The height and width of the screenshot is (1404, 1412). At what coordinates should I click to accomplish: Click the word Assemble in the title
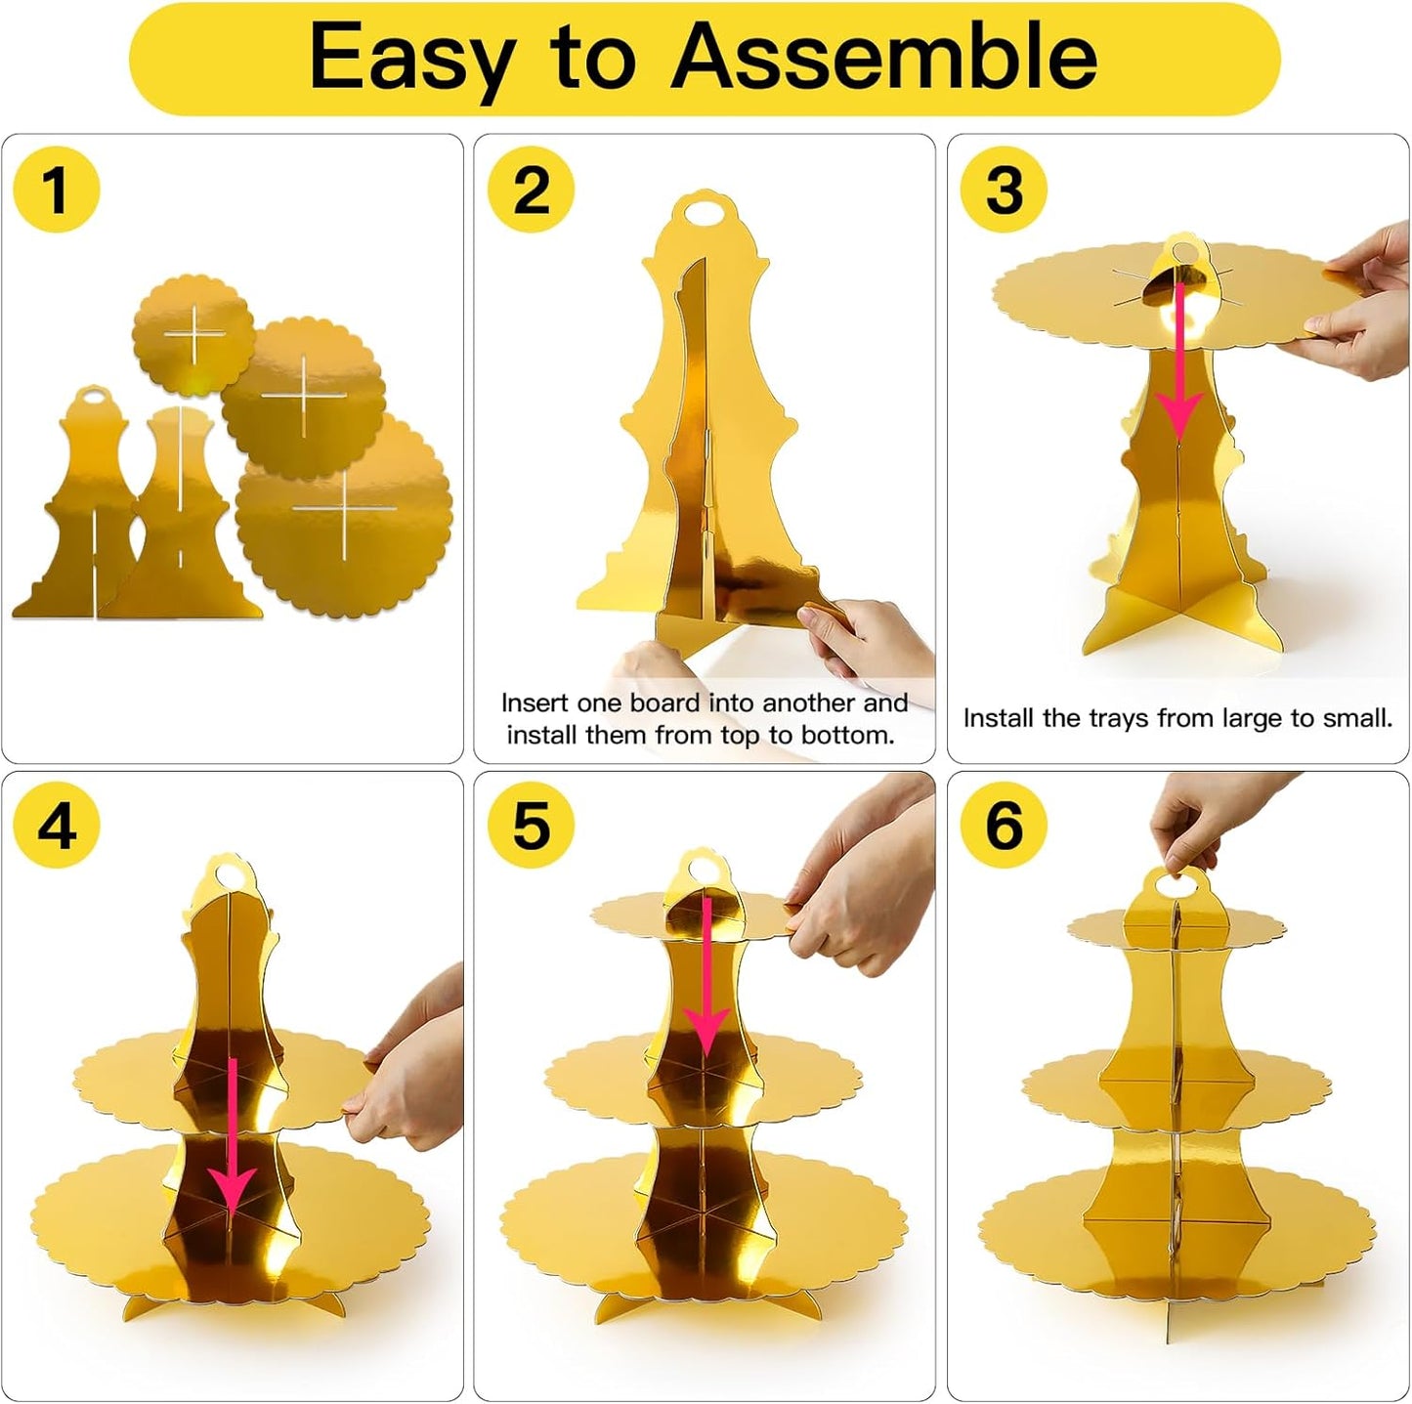point(883,57)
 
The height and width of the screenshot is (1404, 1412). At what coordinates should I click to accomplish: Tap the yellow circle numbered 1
point(57,190)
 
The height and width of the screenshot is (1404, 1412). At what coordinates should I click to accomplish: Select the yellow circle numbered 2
point(532,190)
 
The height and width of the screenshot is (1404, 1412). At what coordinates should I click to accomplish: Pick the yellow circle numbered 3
point(1004,190)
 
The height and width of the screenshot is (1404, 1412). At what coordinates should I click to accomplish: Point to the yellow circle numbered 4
point(57,826)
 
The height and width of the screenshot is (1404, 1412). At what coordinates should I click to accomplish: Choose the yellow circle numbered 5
point(532,826)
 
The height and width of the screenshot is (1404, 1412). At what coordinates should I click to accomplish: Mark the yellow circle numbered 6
point(1004,826)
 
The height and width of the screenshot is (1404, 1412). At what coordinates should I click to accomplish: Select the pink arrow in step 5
point(706,977)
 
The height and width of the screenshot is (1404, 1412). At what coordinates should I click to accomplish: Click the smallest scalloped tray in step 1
point(193,335)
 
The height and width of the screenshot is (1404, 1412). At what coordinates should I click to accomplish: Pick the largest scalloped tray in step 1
point(344,513)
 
